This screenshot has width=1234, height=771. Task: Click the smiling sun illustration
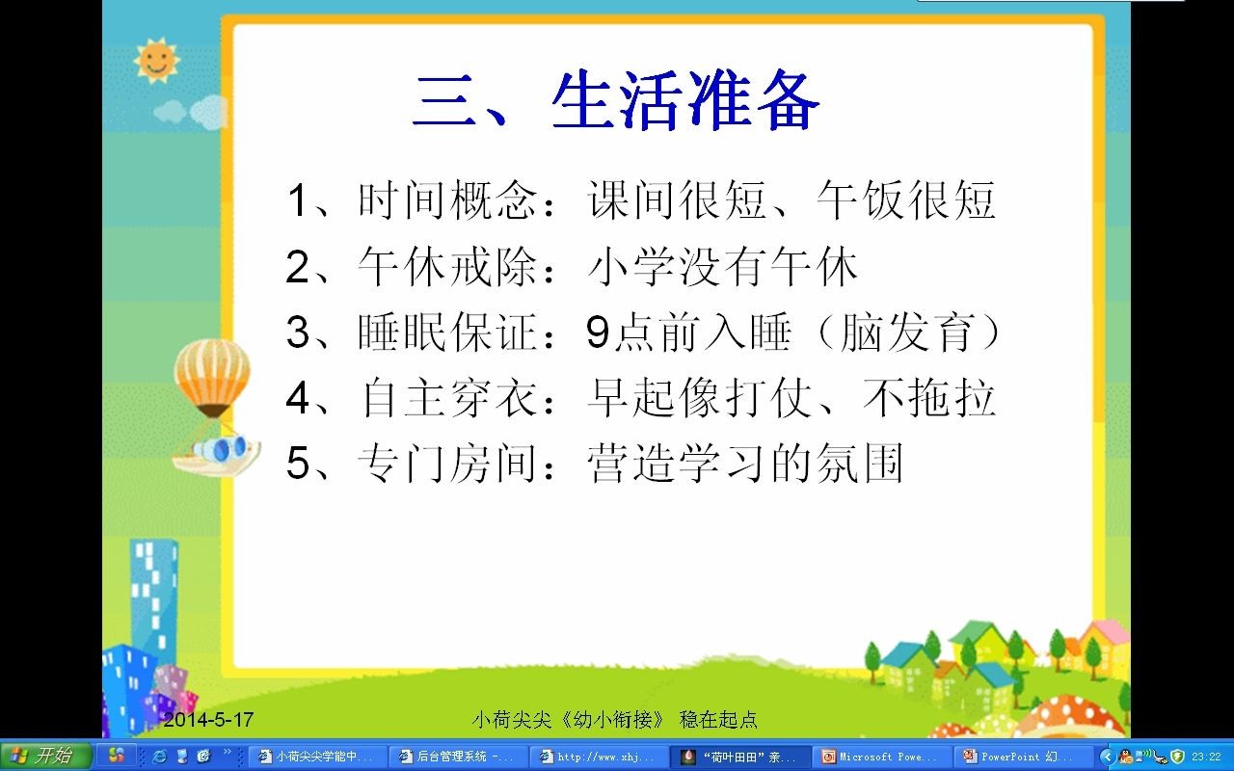point(156,60)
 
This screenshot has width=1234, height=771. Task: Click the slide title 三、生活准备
point(615,102)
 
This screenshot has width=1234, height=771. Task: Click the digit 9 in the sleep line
point(598,332)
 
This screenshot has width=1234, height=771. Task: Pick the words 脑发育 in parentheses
point(906,332)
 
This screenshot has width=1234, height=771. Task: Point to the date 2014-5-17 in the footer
point(208,719)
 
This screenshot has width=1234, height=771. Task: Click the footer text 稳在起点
point(718,719)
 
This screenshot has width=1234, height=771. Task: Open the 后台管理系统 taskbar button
point(457,757)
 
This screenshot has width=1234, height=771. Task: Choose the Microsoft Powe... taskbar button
point(880,757)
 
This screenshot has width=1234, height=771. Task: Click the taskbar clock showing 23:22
point(1206,757)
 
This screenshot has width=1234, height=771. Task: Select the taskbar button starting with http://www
point(599,757)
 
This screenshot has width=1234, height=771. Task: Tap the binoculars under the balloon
point(222,448)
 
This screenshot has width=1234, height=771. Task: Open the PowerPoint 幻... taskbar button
point(1021,757)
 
